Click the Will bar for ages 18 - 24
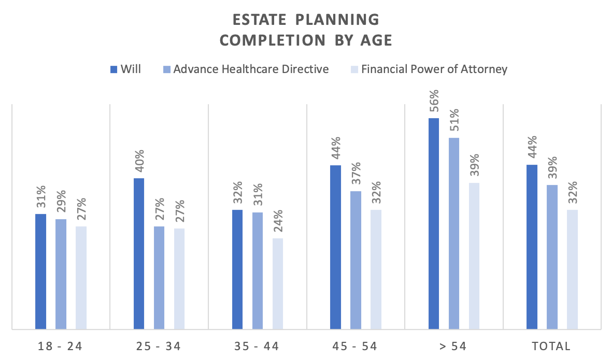tap(40, 271)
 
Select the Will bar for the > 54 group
tap(434, 223)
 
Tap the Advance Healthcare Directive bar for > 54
tap(454, 233)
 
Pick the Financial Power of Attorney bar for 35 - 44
tap(278, 283)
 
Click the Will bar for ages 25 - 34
tap(139, 253)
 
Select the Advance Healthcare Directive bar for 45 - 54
tap(355, 260)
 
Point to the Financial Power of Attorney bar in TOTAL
tap(572, 269)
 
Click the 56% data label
tap(434, 102)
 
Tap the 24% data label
tap(278, 222)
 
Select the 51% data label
tap(454, 121)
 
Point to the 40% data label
tap(139, 162)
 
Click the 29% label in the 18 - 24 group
tap(61, 203)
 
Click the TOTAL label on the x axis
tap(552, 346)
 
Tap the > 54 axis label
tap(454, 346)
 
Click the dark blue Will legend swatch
tap(113, 69)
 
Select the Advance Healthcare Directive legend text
tap(251, 69)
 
